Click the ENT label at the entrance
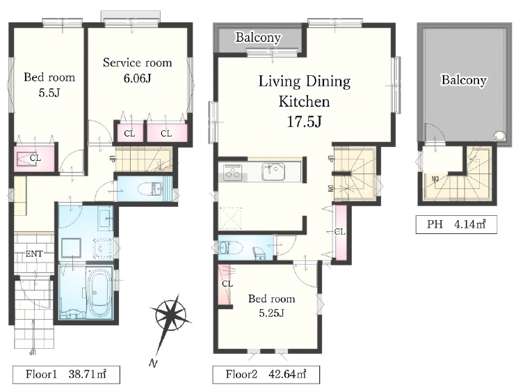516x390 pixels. point(34,253)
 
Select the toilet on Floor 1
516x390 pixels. point(150,189)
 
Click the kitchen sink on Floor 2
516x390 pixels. point(273,172)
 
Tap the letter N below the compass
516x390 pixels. point(153,364)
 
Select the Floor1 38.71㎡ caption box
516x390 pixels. point(66,375)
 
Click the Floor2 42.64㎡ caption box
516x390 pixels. point(266,375)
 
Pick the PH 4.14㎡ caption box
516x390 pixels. point(456,224)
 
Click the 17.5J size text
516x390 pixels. point(305,122)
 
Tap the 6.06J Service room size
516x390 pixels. point(137,79)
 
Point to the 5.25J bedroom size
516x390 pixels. point(271,313)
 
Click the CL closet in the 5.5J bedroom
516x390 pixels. point(34,158)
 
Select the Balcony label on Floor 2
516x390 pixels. point(258,38)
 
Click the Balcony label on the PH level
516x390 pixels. point(464,80)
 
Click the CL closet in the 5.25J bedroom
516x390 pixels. point(225,284)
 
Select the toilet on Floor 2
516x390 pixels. point(230,247)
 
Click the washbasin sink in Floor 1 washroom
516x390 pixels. point(106,218)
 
